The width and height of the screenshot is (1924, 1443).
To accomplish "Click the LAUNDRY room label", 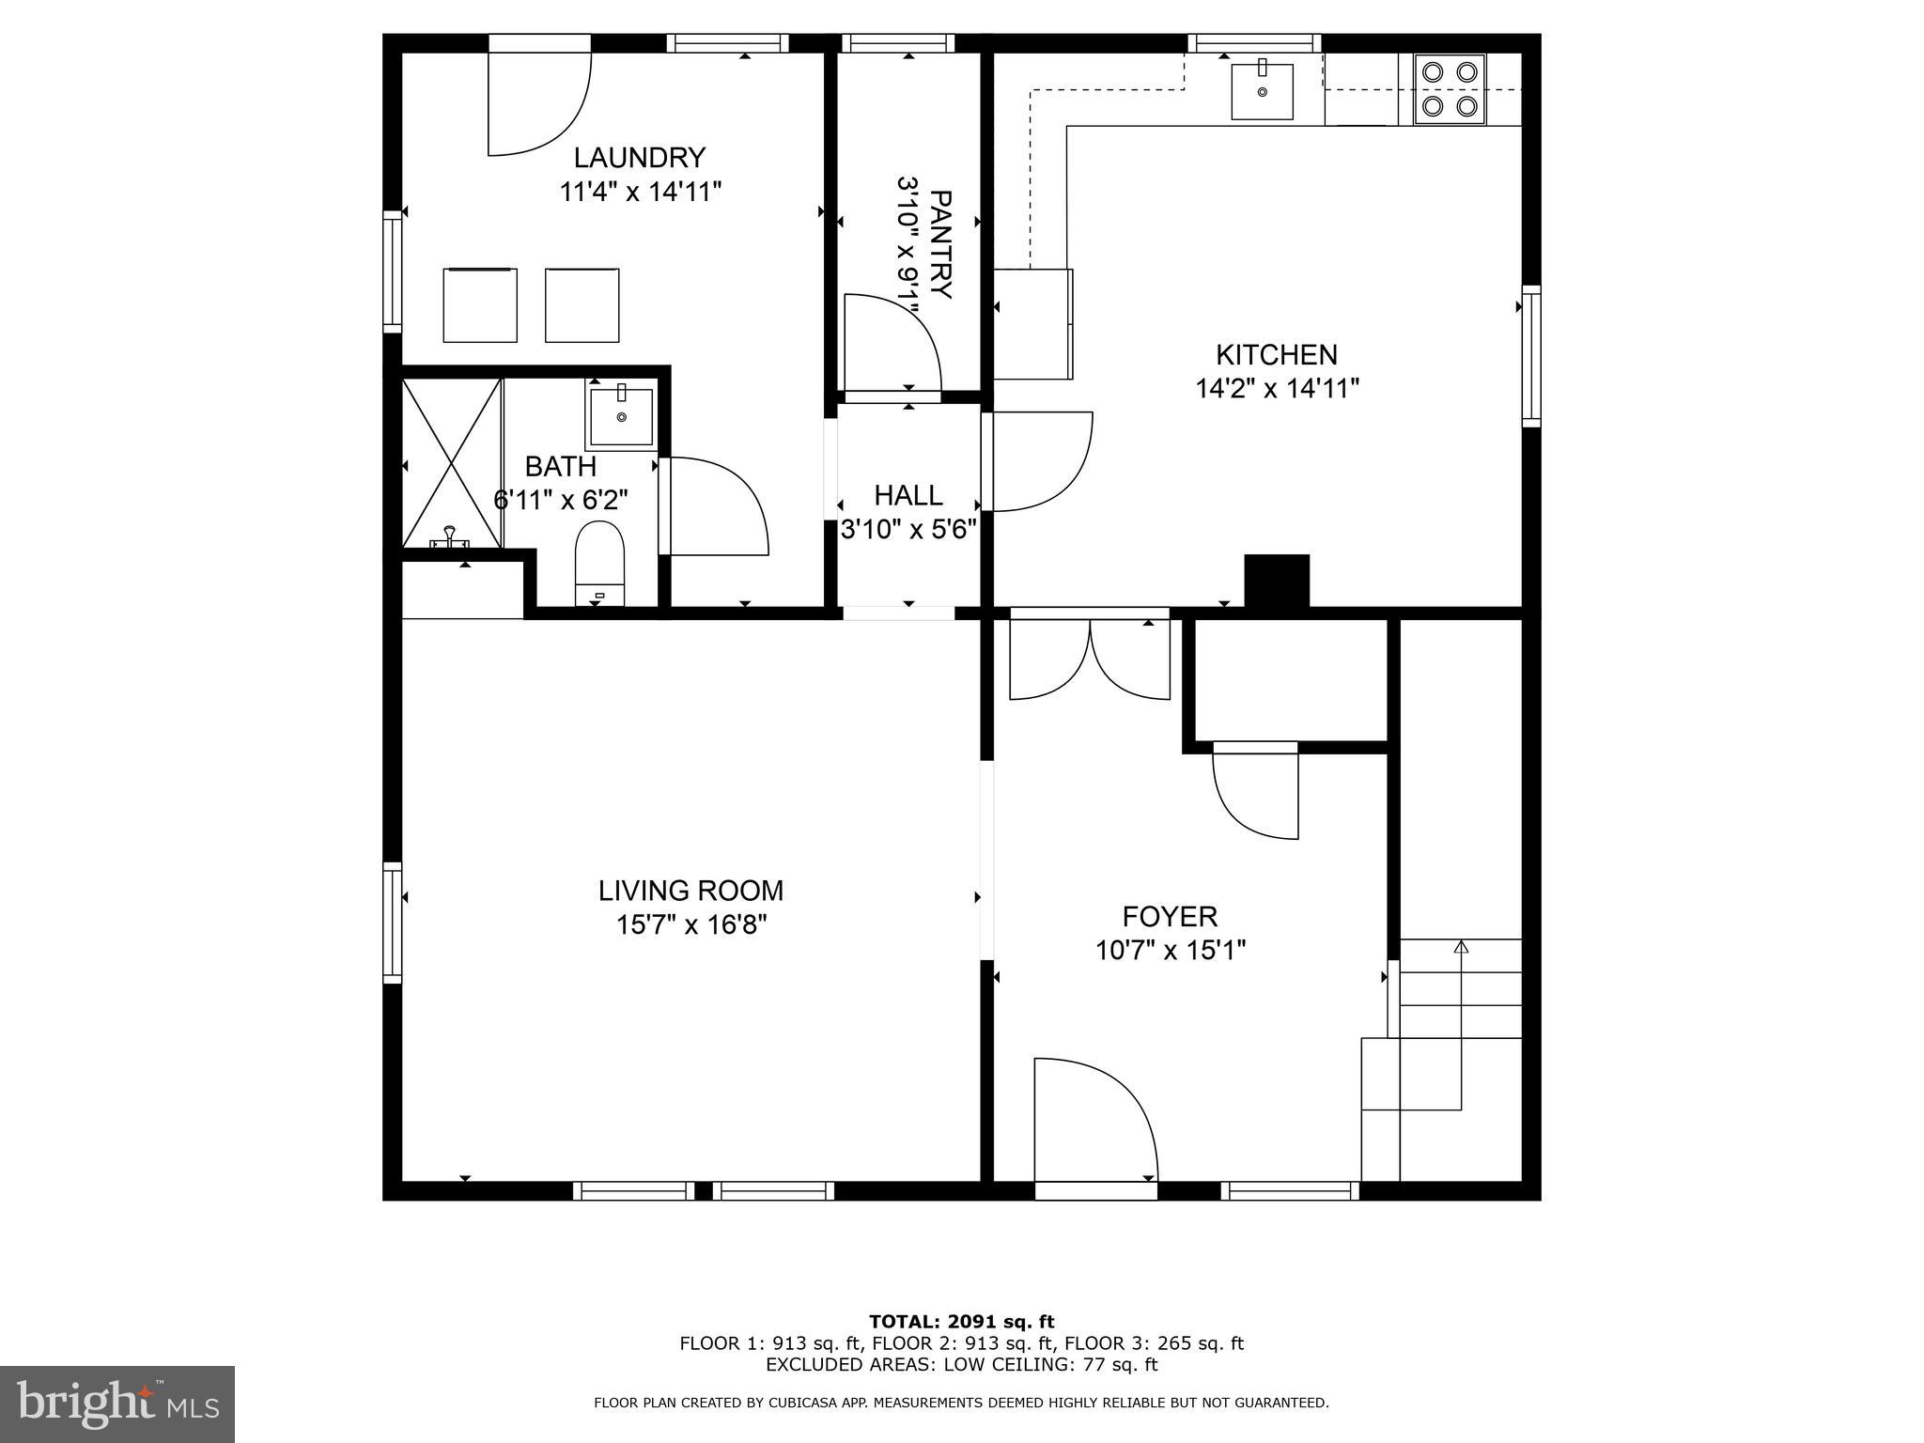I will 639,157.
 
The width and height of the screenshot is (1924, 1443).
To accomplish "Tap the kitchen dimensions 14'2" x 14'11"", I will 1277,388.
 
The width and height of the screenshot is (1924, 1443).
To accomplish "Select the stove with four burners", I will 1450,89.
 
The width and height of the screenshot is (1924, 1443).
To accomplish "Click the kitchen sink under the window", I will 1262,91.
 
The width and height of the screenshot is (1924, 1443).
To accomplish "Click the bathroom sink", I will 621,416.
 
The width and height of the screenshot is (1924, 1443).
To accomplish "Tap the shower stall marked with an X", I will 452,462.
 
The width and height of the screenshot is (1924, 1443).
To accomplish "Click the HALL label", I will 908,495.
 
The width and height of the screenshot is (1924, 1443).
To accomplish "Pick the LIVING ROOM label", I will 690,890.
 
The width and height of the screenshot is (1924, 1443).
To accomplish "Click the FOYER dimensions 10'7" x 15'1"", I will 1170,950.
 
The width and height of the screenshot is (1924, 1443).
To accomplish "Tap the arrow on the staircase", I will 1460,947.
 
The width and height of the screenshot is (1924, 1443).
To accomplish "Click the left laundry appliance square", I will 480,305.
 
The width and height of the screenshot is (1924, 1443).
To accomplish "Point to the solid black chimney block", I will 1276,581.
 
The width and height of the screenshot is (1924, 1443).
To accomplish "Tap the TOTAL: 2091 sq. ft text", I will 961,1322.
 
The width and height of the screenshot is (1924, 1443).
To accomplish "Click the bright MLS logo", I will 117,1404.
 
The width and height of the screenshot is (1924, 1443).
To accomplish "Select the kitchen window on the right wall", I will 1530,356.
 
